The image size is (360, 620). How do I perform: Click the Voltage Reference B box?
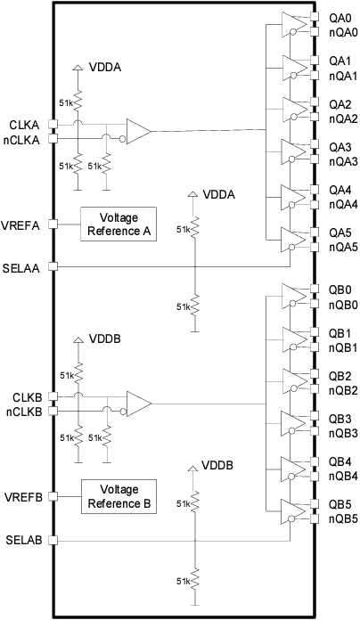click(x=119, y=495)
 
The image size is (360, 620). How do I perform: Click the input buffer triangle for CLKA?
click(x=138, y=132)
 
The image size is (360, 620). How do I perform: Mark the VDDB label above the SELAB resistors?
click(x=217, y=466)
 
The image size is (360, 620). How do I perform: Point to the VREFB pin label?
click(x=22, y=496)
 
